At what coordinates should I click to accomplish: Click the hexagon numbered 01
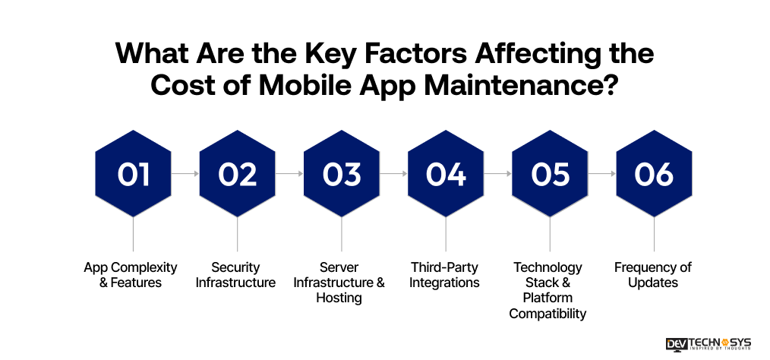click(133, 174)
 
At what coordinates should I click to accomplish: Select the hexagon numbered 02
click(237, 174)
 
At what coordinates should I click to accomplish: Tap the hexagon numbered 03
click(341, 174)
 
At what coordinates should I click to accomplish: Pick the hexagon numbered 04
click(446, 174)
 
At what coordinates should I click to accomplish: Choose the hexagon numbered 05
click(550, 174)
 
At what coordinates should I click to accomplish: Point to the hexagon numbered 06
click(654, 174)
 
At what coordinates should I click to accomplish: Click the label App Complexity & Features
click(131, 275)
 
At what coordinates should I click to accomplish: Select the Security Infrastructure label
click(235, 275)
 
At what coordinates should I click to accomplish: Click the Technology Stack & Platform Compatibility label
click(548, 290)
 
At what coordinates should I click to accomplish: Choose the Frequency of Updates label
click(652, 275)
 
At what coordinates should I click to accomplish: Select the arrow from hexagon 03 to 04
click(393, 174)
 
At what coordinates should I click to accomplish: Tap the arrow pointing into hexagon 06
click(601, 174)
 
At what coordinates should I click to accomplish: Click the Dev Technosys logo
click(708, 343)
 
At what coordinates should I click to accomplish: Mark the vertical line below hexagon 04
click(446, 235)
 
